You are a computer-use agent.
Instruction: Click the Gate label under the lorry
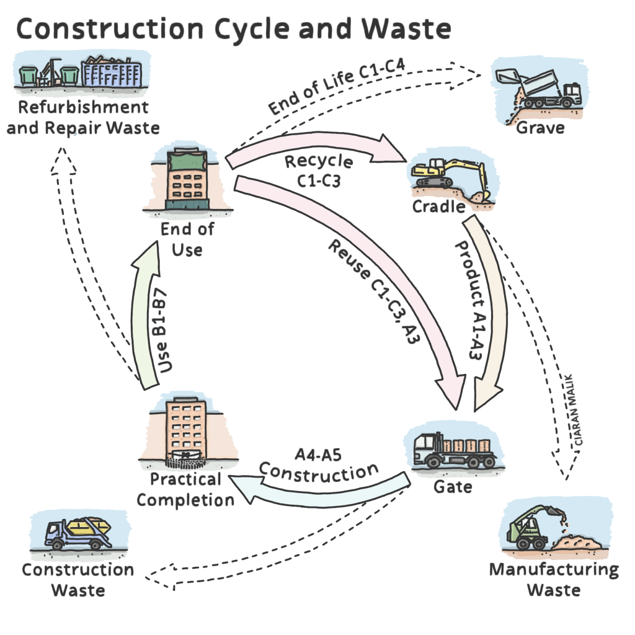coord(452,486)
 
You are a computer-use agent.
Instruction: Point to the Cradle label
coord(438,206)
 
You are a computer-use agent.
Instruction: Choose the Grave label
coord(540,128)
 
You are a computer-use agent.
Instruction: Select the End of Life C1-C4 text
coord(335,93)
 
